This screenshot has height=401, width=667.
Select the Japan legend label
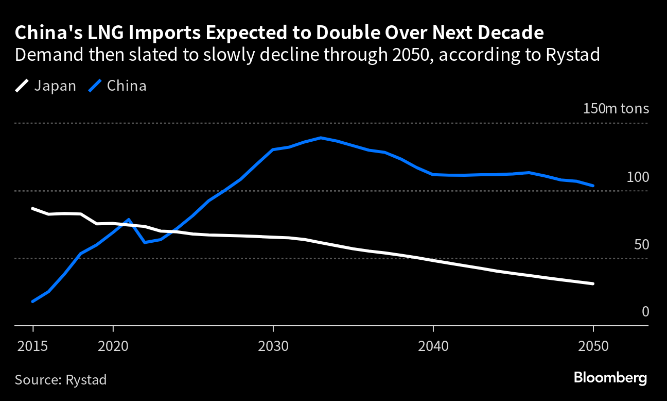(x=55, y=86)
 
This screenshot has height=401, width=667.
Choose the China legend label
(x=127, y=86)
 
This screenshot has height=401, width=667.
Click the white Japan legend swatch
(x=23, y=86)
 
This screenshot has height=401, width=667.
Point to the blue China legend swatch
(x=95, y=86)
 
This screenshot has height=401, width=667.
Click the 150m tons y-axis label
(x=616, y=109)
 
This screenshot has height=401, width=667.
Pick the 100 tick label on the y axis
(x=638, y=177)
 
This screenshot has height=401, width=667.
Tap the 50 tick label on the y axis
(x=641, y=245)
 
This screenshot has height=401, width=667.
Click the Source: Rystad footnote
(x=61, y=380)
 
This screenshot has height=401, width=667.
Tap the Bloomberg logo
(x=610, y=378)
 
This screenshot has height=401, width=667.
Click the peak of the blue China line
(x=321, y=138)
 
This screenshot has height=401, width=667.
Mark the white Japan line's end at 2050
(x=593, y=283)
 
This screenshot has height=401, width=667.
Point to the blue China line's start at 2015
(x=33, y=301)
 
